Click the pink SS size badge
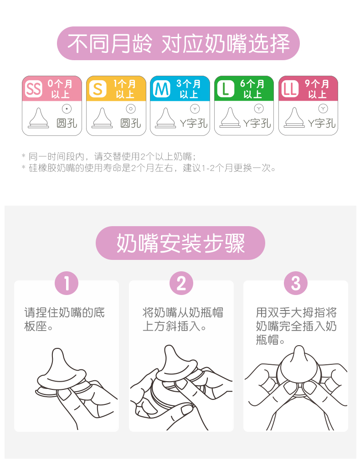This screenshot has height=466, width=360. pos(33,89)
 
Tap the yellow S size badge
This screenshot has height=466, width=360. pos(98,89)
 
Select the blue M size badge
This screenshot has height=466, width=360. pos(162,89)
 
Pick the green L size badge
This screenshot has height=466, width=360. pos(226,89)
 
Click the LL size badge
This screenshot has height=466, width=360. pos(290,89)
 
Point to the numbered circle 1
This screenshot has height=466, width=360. pos(67,283)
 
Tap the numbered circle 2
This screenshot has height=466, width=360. pos(181,283)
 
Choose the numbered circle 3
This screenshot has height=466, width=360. pos(296,283)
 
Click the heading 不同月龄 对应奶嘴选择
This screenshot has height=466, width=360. pos(178,43)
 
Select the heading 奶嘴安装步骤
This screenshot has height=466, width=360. pos(180,243)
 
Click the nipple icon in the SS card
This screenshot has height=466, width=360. pos(38,118)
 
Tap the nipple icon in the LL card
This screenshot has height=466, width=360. pos(294,118)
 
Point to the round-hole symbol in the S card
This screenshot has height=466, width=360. pos(131,109)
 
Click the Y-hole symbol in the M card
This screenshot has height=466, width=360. pos(195,109)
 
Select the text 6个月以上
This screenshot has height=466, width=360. pos(252,89)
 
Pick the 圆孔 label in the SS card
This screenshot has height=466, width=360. pos(67,123)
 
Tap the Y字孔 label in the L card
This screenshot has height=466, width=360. pos(257,123)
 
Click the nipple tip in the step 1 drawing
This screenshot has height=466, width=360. pos(57,351)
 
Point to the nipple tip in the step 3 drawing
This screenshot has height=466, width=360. pos(298,348)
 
